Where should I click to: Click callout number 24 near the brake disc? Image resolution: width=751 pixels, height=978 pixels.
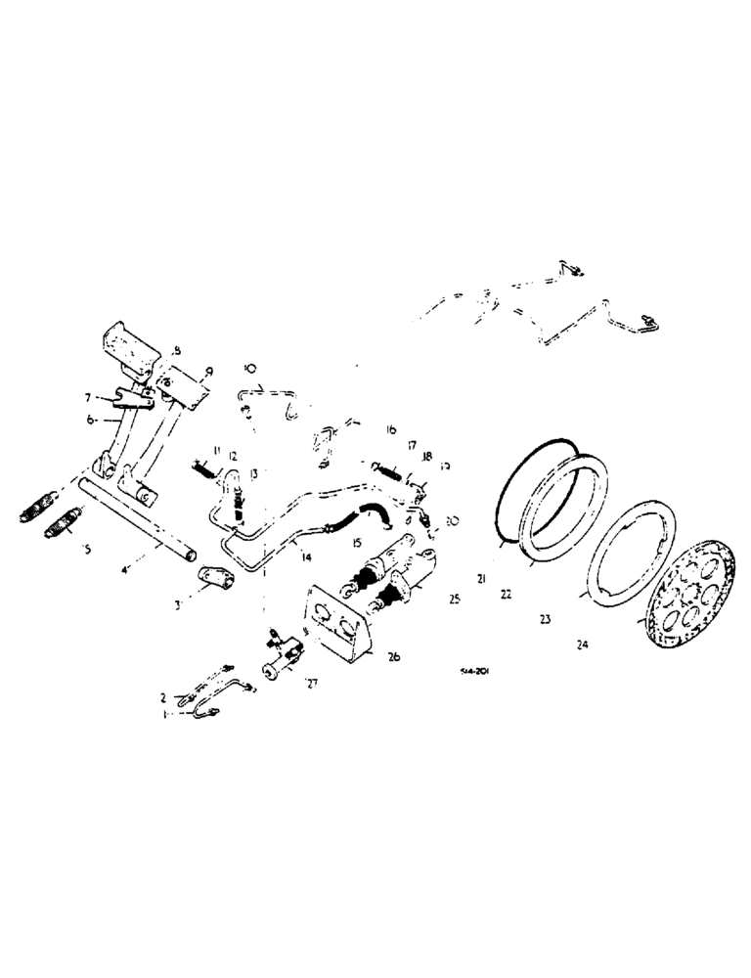[583, 644]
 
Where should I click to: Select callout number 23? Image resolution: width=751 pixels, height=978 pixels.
[546, 618]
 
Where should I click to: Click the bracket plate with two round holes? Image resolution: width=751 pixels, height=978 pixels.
[336, 623]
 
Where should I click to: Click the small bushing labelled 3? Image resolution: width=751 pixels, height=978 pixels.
[215, 581]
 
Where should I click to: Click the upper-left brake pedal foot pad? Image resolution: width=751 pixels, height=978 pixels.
[128, 348]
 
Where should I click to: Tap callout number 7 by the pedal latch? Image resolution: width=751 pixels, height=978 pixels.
[88, 398]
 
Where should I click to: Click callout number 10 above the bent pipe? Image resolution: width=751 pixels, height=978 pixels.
[249, 369]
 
